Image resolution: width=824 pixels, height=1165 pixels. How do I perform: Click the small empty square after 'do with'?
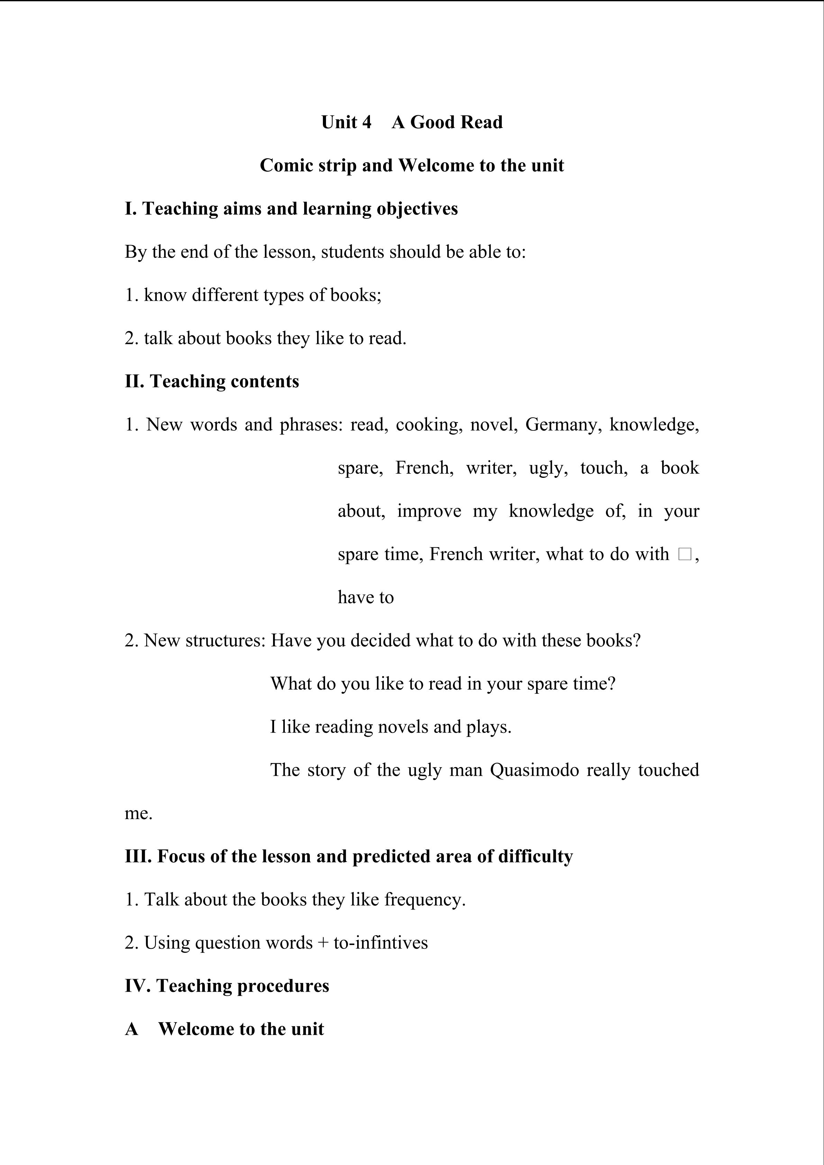coord(684,554)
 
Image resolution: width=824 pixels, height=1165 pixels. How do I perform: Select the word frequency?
coord(425,900)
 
